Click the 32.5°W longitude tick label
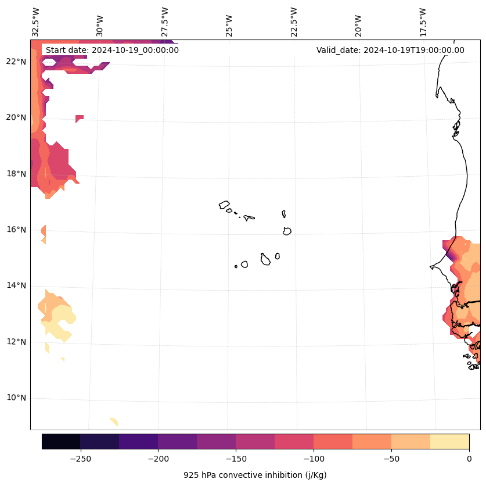pyautogui.click(x=36, y=22)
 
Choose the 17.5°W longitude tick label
pyautogui.click(x=423, y=22)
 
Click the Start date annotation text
pyautogui.click(x=112, y=50)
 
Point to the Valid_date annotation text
pyautogui.click(x=390, y=50)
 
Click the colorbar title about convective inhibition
pyautogui.click(x=255, y=475)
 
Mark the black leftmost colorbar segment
pyautogui.click(x=61, y=441)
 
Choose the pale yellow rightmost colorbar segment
pyautogui.click(x=449, y=441)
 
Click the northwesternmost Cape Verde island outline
pyautogui.click(x=224, y=205)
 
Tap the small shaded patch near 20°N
pyautogui.click(x=79, y=119)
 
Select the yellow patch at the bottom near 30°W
pyautogui.click(x=114, y=421)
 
